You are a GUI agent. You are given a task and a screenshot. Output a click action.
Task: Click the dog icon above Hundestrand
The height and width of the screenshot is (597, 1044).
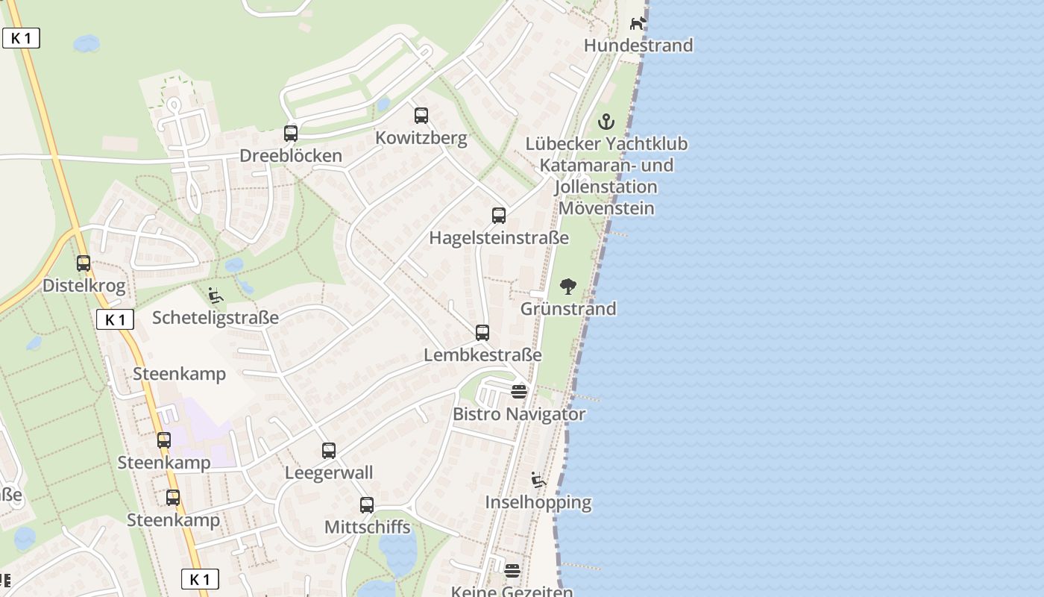(x=638, y=24)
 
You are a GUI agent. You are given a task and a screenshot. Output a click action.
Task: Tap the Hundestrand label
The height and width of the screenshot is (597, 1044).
(x=638, y=46)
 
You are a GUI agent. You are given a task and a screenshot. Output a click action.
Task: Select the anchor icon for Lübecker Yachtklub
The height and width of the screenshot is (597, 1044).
(x=607, y=122)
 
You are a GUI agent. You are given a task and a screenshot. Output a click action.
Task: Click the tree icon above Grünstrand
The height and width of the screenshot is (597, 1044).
(x=568, y=287)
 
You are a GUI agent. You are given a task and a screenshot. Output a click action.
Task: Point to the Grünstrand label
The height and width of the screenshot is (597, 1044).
(x=568, y=309)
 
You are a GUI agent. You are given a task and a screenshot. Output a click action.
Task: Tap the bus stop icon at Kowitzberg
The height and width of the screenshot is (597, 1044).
(x=421, y=116)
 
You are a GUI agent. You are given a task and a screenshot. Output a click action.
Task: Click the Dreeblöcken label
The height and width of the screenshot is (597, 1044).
(x=291, y=156)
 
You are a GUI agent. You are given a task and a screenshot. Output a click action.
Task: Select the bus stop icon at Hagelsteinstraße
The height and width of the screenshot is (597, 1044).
(x=499, y=216)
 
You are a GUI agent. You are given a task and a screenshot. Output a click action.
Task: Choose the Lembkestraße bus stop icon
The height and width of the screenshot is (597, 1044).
(x=482, y=333)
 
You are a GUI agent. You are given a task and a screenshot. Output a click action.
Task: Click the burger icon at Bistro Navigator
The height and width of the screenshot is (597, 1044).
(x=519, y=392)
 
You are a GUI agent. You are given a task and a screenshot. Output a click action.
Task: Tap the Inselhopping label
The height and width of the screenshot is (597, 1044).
(x=538, y=502)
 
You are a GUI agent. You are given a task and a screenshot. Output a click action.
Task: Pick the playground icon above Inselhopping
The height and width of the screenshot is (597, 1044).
(x=538, y=480)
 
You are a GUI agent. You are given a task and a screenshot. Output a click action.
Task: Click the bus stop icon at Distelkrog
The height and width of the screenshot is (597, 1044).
(x=84, y=263)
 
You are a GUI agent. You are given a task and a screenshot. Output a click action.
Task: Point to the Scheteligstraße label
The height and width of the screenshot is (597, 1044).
(x=216, y=318)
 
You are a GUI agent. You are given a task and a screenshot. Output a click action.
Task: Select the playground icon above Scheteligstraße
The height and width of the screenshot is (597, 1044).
(x=216, y=296)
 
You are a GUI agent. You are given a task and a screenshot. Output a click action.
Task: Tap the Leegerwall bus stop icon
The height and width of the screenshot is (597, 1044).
(x=329, y=451)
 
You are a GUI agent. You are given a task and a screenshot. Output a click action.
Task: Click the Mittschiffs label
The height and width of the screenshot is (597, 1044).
(x=367, y=528)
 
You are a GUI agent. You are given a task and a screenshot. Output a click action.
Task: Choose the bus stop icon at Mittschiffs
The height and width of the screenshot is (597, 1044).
(x=367, y=505)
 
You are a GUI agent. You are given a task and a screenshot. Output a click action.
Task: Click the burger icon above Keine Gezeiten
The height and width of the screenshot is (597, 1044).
(x=512, y=572)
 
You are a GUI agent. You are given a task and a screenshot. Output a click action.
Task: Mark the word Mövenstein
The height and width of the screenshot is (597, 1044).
(x=606, y=208)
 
